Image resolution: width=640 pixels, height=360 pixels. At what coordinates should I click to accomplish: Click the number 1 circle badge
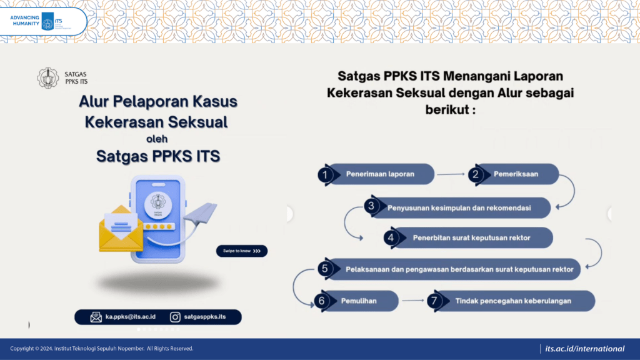(325, 175)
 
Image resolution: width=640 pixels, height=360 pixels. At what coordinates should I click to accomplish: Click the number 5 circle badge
(325, 269)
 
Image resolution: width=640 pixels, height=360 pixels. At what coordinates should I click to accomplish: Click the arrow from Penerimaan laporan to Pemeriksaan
(451, 174)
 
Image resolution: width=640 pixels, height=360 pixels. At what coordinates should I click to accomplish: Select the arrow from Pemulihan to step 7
(413, 301)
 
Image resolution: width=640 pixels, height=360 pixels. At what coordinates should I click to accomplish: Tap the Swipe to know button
(242, 251)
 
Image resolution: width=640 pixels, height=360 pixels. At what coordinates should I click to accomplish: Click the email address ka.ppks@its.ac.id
(130, 317)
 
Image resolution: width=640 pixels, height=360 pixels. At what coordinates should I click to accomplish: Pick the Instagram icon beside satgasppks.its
(175, 317)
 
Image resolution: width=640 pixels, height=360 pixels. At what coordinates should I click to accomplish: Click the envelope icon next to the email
(96, 317)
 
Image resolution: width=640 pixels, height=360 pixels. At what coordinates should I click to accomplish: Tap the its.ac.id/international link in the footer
(584, 349)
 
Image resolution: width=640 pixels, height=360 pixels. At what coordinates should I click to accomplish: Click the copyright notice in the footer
(102, 349)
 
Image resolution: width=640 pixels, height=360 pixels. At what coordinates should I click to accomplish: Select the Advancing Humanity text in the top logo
(25, 21)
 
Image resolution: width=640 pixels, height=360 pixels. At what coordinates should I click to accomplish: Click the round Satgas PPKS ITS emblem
(48, 77)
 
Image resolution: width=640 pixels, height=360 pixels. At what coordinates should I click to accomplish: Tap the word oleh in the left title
(157, 139)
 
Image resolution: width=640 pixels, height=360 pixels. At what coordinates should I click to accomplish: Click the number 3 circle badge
(371, 206)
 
